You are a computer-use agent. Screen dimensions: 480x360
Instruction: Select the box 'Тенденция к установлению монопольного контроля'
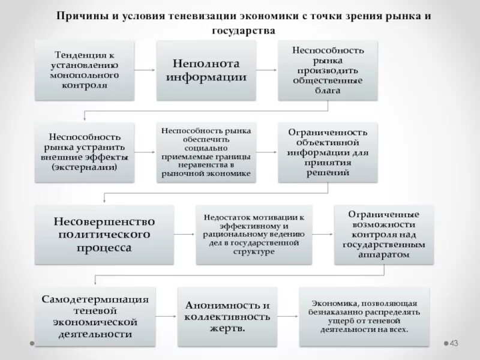[85, 70]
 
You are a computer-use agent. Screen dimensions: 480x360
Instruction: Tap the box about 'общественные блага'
[328, 70]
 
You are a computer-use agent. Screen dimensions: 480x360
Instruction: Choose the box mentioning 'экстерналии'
[85, 152]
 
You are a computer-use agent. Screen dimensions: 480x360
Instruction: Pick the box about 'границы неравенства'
[206, 152]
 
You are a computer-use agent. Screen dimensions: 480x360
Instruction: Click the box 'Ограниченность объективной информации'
[328, 152]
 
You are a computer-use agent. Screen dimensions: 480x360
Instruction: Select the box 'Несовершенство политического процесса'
[104, 234]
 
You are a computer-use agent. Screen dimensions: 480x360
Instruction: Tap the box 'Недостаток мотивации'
[254, 234]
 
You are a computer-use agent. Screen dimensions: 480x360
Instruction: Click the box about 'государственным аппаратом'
[385, 234]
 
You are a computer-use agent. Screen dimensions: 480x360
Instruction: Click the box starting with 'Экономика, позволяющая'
[365, 316]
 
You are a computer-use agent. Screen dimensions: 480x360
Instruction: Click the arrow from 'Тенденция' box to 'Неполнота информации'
[144, 70]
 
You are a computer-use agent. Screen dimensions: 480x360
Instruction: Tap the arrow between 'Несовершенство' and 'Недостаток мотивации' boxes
[185, 234]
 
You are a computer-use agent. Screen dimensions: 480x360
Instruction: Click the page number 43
[454, 343]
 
